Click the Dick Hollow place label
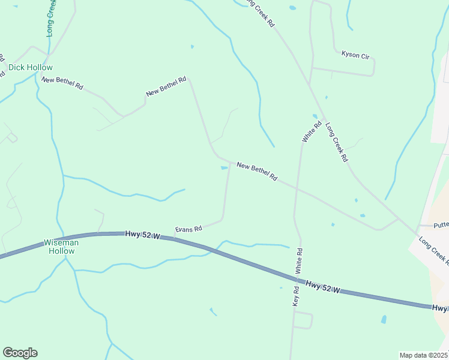click(31, 68)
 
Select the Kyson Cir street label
click(355, 55)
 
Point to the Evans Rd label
click(188, 229)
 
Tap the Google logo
click(20, 353)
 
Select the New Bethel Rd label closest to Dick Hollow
click(62, 83)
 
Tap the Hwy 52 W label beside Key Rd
click(322, 287)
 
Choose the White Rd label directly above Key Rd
click(299, 262)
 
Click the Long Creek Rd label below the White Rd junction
click(336, 143)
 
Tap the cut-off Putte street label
click(441, 226)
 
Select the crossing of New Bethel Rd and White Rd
click(297, 188)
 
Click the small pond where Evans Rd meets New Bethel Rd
click(224, 168)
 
